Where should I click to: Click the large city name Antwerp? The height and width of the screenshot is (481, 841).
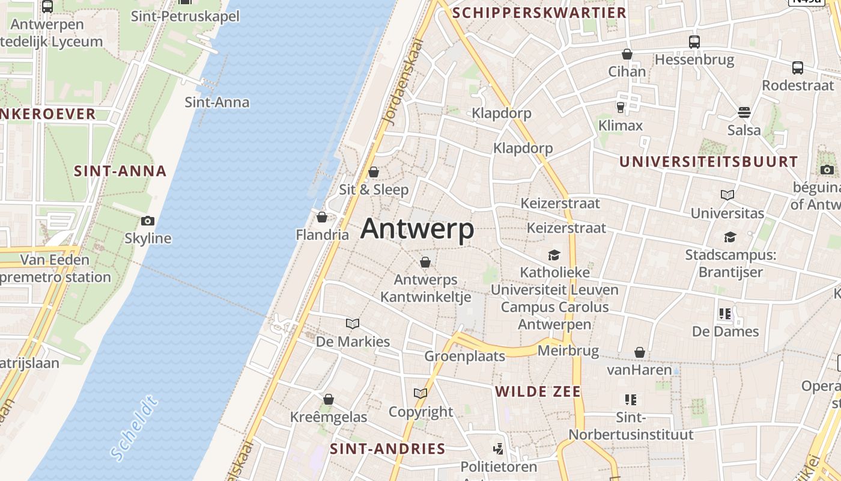coord(417,229)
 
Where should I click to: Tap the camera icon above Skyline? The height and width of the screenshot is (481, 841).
coord(147,221)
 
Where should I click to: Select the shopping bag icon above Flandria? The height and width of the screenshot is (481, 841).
coord(322,217)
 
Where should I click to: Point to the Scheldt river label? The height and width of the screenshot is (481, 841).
coord(134,429)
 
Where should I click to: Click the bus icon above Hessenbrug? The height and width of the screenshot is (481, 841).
coord(694,41)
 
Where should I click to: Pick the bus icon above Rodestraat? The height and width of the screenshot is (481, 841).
coord(798,67)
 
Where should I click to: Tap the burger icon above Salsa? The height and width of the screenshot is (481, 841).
coord(744,112)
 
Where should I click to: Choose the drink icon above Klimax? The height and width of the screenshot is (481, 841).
coord(621,108)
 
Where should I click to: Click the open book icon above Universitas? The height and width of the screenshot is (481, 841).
coord(727,195)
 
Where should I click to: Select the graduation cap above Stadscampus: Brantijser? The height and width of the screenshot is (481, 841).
coord(730,237)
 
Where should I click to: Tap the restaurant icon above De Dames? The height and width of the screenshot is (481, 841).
coord(725,313)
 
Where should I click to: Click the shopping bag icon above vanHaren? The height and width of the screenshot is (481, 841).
coord(640,352)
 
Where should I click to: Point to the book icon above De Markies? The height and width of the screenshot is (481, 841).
coord(353,324)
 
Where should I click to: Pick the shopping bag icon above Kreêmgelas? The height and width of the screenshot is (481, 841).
coord(329,399)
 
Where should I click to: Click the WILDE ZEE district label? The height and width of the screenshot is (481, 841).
coord(538,392)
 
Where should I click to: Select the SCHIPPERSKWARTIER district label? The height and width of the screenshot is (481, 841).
coord(539,13)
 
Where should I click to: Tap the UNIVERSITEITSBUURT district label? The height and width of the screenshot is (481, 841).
coord(708,162)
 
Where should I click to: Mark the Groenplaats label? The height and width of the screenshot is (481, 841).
coord(465,356)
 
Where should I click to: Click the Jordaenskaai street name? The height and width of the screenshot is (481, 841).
coord(402,82)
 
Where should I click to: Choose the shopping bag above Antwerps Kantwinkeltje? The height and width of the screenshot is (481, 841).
coord(425,262)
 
